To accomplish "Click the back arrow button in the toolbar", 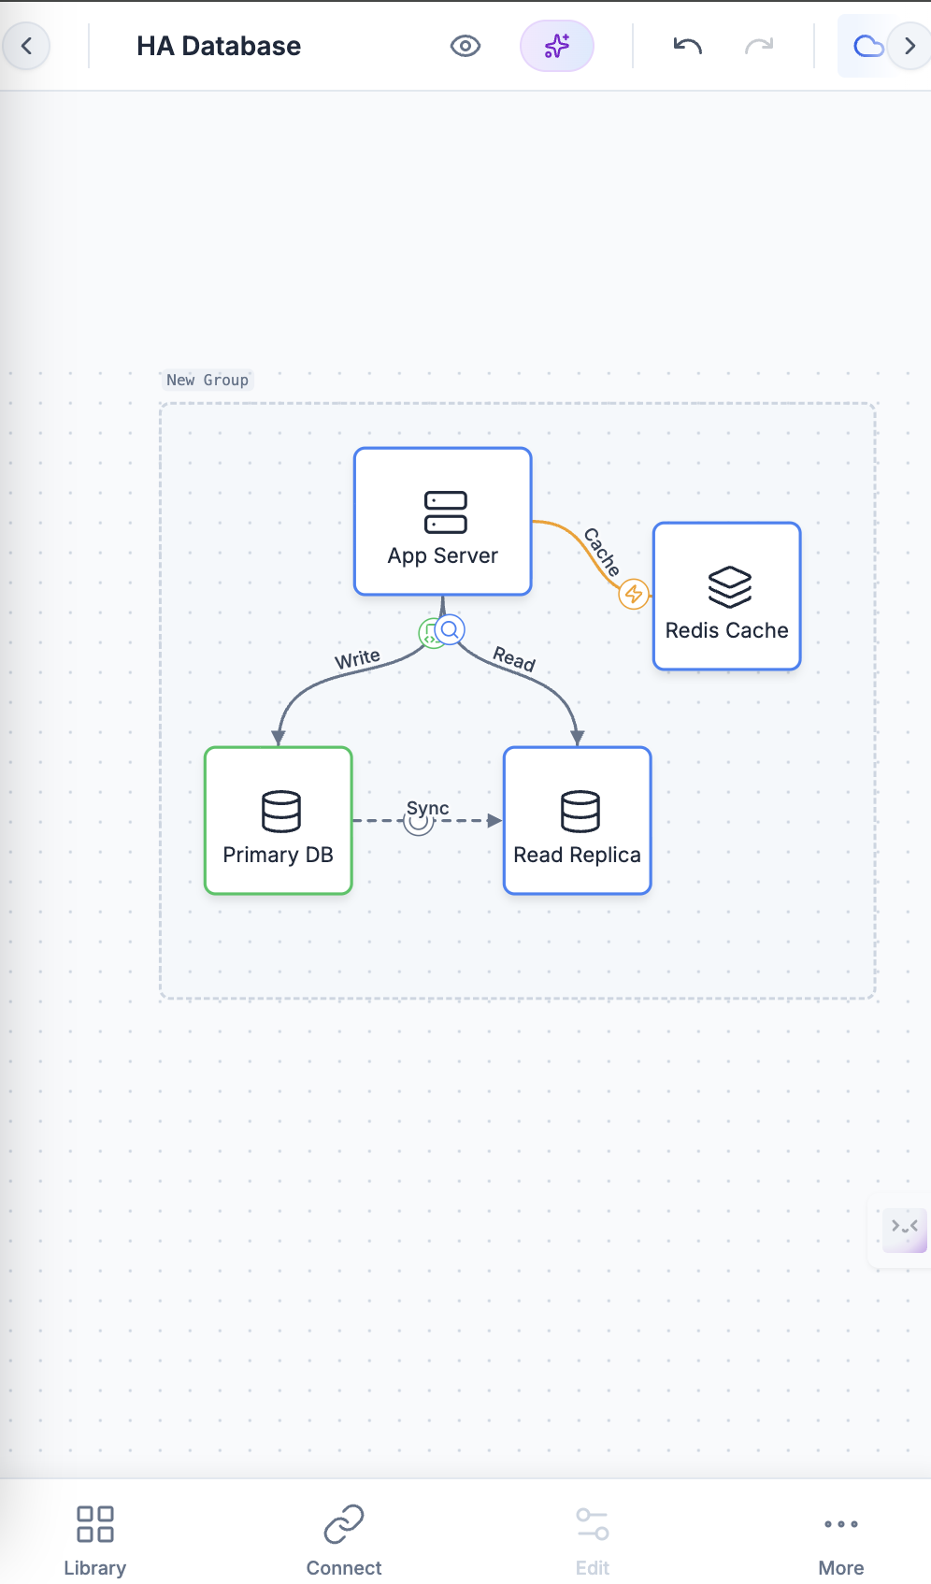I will point(27,46).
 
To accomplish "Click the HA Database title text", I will point(219,46).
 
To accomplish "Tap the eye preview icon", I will point(465,46).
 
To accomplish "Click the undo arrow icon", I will point(687,46).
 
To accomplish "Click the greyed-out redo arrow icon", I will point(759,46).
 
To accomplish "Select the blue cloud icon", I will point(867,46).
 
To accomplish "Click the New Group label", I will point(208,380).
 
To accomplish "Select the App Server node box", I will point(443,521).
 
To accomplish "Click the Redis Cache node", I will point(726,597).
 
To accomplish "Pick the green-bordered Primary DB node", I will point(279,820).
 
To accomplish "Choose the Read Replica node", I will point(577,820).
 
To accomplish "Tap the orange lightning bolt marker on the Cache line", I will point(634,593).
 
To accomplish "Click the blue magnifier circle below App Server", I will point(451,629).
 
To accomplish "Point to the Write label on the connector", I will point(357,658).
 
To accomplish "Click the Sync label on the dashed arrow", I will point(428,808).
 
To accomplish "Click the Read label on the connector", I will point(514,658).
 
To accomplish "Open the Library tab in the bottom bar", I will point(94,1540).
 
